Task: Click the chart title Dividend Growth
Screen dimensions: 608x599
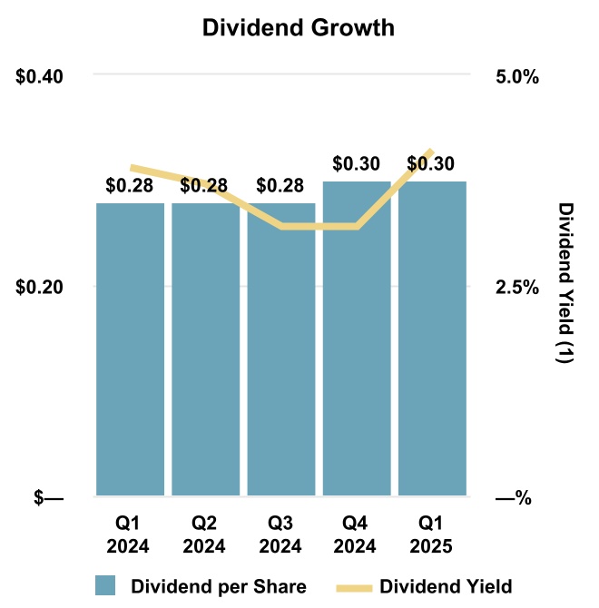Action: point(299,28)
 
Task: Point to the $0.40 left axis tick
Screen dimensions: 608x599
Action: point(40,76)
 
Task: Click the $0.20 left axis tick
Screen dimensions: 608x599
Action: point(40,288)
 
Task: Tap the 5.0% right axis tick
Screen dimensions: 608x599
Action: point(516,76)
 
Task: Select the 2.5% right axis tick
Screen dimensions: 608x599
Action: point(516,288)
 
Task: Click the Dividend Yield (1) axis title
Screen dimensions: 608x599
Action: point(565,283)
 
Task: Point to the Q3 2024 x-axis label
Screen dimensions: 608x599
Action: point(280,536)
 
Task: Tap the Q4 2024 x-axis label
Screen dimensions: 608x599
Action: point(357,536)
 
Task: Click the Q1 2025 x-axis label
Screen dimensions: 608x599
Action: point(432,536)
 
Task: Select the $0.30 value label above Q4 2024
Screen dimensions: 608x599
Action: point(357,164)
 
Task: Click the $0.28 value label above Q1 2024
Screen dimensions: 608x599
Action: point(130,186)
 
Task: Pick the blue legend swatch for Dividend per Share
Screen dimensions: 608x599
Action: point(106,585)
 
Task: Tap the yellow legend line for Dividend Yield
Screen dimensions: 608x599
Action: point(353,585)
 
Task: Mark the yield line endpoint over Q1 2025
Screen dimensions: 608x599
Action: point(431,152)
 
